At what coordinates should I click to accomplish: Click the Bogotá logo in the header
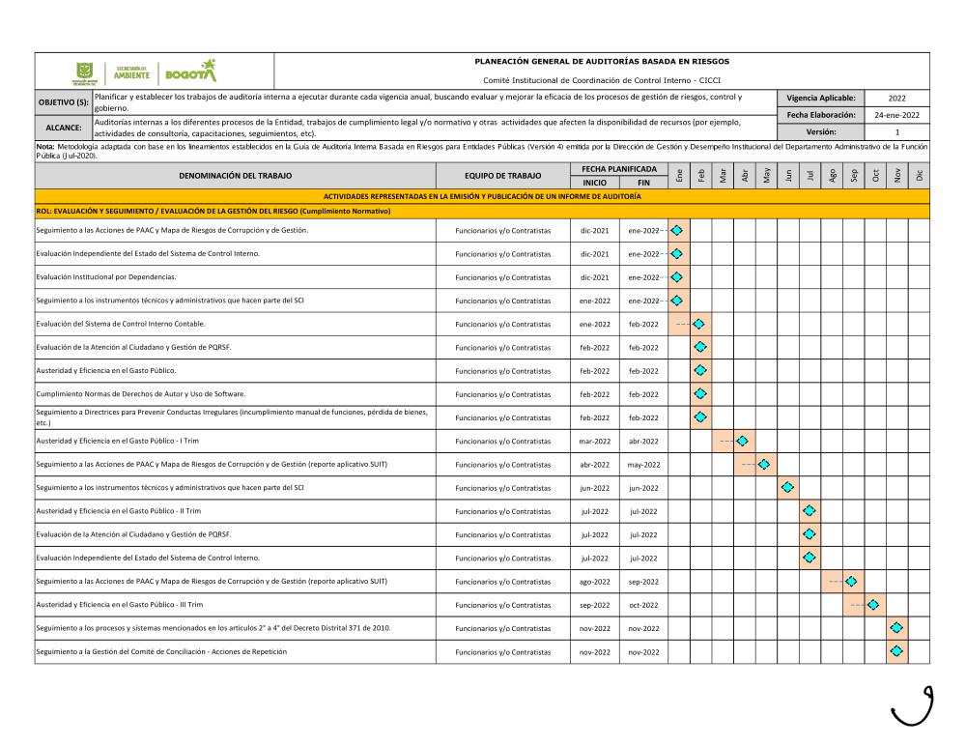(191, 72)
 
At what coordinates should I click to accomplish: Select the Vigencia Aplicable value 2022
(896, 98)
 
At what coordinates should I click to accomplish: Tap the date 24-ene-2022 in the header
(896, 115)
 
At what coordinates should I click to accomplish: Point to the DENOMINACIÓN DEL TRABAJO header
(235, 176)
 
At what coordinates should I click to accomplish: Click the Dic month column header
(920, 176)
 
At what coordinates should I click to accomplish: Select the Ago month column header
(833, 176)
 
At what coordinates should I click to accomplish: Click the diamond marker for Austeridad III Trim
(873, 605)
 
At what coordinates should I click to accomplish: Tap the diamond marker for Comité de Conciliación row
(896, 651)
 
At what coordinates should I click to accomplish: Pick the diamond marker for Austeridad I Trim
(742, 441)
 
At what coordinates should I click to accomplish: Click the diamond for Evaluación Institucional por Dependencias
(677, 277)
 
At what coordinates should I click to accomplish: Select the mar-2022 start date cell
(595, 442)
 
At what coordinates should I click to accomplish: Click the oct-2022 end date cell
(643, 605)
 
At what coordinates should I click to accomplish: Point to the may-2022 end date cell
(643, 465)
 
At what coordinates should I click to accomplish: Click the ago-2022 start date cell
(595, 582)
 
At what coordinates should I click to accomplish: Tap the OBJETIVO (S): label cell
(64, 102)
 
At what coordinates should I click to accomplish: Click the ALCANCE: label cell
(64, 128)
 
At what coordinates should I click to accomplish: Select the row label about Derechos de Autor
(141, 394)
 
